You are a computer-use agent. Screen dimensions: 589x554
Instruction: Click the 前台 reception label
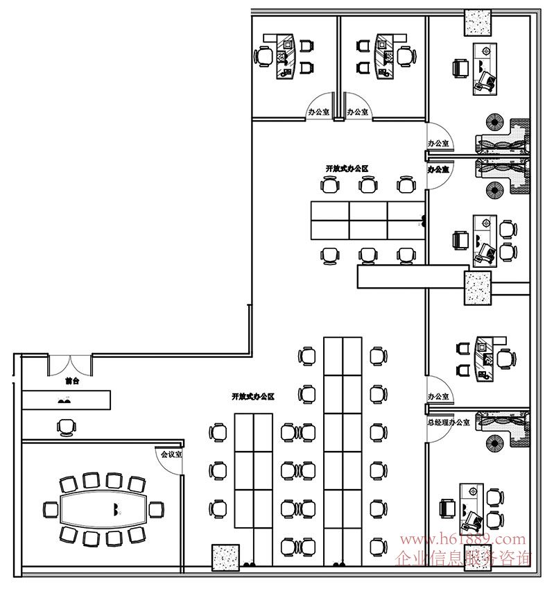pos(72,381)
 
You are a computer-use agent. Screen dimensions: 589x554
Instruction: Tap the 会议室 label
pos(171,455)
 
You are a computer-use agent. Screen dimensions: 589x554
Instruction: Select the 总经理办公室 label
pos(449,421)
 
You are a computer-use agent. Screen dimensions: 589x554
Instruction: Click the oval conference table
pos(104,509)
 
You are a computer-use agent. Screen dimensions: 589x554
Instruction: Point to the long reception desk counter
pos(66,400)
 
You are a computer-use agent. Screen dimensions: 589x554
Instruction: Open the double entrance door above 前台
pos(70,364)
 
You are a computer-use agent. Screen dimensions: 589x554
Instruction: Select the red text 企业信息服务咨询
pos(463,556)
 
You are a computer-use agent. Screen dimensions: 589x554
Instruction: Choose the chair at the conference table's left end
pos(51,509)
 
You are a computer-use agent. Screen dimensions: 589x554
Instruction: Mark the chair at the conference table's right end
pos(157,509)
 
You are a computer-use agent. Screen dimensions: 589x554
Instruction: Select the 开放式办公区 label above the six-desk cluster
pos(346,169)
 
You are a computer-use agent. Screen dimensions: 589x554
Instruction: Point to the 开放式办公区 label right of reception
pos(253,397)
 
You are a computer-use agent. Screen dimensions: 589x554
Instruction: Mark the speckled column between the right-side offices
pos(477,287)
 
